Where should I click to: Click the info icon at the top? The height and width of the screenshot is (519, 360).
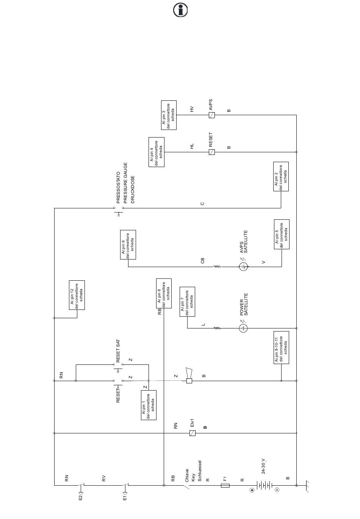(x=180, y=10)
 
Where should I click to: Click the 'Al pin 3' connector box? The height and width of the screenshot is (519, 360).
(x=169, y=115)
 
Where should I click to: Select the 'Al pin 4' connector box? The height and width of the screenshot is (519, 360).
(x=157, y=152)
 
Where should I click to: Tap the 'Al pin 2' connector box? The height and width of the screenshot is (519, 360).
(x=281, y=177)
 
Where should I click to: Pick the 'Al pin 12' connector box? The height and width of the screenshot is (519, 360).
(x=77, y=295)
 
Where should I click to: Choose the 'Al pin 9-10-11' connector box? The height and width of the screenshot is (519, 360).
(x=281, y=347)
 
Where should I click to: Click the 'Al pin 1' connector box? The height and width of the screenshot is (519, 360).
(x=149, y=405)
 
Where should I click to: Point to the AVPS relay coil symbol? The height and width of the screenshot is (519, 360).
(x=211, y=115)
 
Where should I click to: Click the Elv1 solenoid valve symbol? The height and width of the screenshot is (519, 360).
(x=193, y=433)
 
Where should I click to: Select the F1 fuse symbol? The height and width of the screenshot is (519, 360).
(x=225, y=485)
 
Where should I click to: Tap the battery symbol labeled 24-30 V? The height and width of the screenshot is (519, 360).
(x=264, y=485)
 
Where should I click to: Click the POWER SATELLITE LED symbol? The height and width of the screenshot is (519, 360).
(x=243, y=328)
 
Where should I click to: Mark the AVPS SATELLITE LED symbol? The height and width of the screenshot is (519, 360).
(x=243, y=267)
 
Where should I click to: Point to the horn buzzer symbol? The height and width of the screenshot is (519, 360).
(x=189, y=375)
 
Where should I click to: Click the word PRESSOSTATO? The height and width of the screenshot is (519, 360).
(x=118, y=188)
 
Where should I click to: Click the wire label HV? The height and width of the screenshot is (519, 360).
(x=192, y=109)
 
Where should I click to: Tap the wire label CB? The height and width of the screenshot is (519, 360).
(x=202, y=260)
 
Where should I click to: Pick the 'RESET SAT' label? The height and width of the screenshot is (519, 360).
(x=118, y=351)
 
